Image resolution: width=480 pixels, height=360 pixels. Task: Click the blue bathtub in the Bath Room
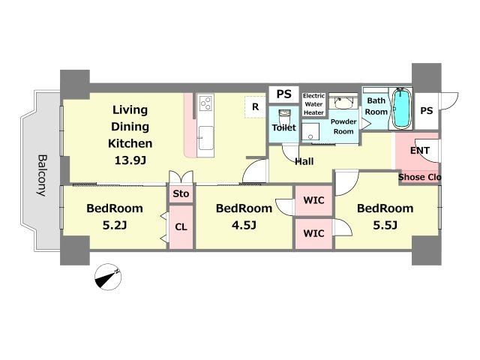pos(401,108)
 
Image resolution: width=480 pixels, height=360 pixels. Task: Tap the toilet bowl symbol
pos(284,117)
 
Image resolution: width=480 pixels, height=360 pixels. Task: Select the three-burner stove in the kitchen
pos(205,103)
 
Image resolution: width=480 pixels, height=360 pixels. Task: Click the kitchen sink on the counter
pos(205,138)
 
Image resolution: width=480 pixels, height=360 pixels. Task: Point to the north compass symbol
pos(108,277)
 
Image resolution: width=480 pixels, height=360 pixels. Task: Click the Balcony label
pos(42,175)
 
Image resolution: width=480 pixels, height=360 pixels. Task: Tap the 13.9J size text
pos(130,160)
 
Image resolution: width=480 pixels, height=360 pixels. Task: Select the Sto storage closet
pos(181,193)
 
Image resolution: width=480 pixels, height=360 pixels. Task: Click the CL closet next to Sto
pos(181,226)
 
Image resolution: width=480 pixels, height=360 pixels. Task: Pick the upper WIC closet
pos(313,200)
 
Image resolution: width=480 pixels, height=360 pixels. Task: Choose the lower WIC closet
pos(313,233)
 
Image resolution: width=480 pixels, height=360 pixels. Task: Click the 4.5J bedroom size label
pos(244,226)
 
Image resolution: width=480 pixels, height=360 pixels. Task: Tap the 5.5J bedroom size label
pos(385,226)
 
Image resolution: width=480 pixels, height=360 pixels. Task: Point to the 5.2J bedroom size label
pos(115,226)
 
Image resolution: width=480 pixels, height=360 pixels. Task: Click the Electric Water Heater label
pos(313,104)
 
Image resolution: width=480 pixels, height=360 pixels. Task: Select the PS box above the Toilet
pos(283,94)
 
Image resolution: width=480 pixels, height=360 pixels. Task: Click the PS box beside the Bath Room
pos(427,111)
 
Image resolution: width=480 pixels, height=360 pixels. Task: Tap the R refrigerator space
pos(255,106)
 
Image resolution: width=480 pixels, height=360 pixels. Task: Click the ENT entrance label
pos(420,151)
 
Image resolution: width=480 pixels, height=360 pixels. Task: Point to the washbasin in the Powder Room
pos(343,102)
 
